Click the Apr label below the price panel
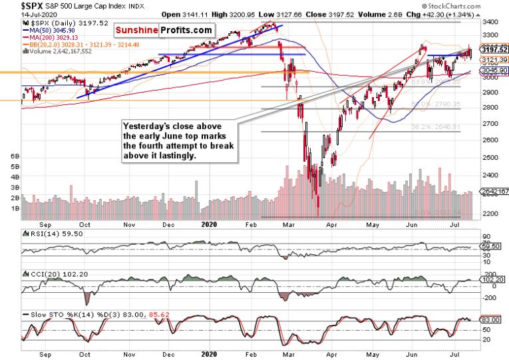[x=331, y=225]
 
